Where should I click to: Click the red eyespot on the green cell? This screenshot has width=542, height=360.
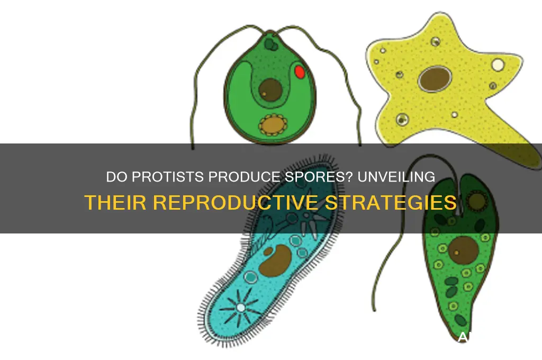click(x=299, y=71)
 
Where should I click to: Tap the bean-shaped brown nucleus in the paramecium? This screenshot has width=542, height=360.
click(x=277, y=260)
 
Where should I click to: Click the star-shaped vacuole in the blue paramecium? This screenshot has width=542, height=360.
click(x=241, y=307)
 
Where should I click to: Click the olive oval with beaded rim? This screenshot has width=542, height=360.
click(x=271, y=125)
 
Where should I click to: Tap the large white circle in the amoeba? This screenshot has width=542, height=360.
click(x=498, y=65)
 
